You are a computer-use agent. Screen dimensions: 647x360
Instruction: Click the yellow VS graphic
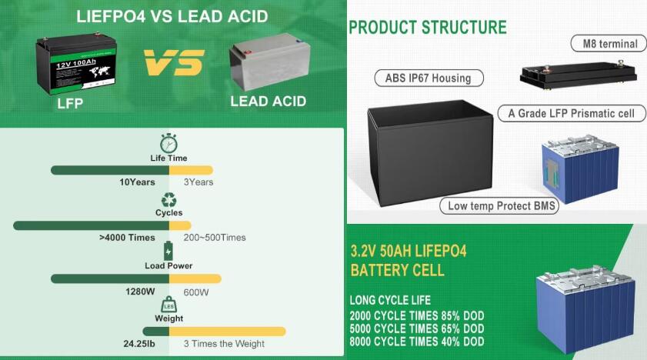[x=174, y=62]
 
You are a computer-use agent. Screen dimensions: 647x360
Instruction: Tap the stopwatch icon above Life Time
[x=168, y=143]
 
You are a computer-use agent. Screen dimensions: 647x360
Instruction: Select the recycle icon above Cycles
[x=168, y=199]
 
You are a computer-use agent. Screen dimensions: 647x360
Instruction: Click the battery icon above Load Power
[x=168, y=251]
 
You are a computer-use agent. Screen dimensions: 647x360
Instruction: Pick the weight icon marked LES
[x=168, y=305]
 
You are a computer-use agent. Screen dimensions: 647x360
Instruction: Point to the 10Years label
[x=138, y=182]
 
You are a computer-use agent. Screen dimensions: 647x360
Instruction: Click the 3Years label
[x=198, y=182]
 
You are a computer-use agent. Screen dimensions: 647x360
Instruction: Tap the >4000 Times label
[x=127, y=238]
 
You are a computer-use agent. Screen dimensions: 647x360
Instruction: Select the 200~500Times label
[x=215, y=238]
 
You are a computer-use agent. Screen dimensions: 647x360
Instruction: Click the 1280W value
[x=140, y=292]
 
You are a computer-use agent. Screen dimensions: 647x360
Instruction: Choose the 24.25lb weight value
[x=139, y=344]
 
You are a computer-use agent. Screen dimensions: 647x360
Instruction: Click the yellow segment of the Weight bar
[x=228, y=331]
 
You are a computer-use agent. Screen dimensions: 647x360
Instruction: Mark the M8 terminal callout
[x=609, y=44]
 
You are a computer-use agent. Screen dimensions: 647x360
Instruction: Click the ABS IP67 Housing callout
[x=429, y=78]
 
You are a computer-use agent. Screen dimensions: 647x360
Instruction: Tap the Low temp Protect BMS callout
[x=499, y=206]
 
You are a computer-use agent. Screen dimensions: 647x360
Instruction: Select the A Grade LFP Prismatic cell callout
[x=572, y=113]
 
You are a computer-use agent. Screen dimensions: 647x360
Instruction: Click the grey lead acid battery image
[x=269, y=62]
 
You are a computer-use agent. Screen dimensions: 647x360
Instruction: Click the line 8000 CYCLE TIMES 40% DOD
[x=417, y=342]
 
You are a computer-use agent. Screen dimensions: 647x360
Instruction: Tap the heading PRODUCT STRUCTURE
[x=428, y=28]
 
